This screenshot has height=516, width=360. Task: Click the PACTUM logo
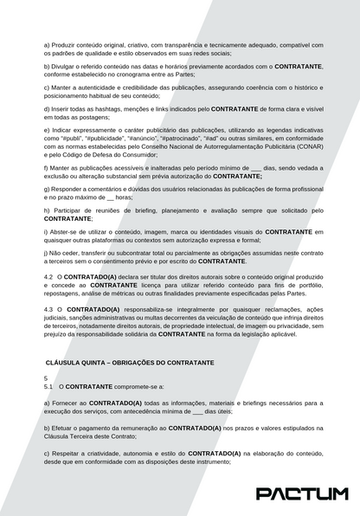tap(302, 493)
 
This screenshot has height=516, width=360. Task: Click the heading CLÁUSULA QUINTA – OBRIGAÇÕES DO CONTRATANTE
tap(129, 362)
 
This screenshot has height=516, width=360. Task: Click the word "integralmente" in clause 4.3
tap(194, 309)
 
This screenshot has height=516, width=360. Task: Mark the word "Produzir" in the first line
tap(65, 44)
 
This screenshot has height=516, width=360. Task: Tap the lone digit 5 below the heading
tap(45, 379)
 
